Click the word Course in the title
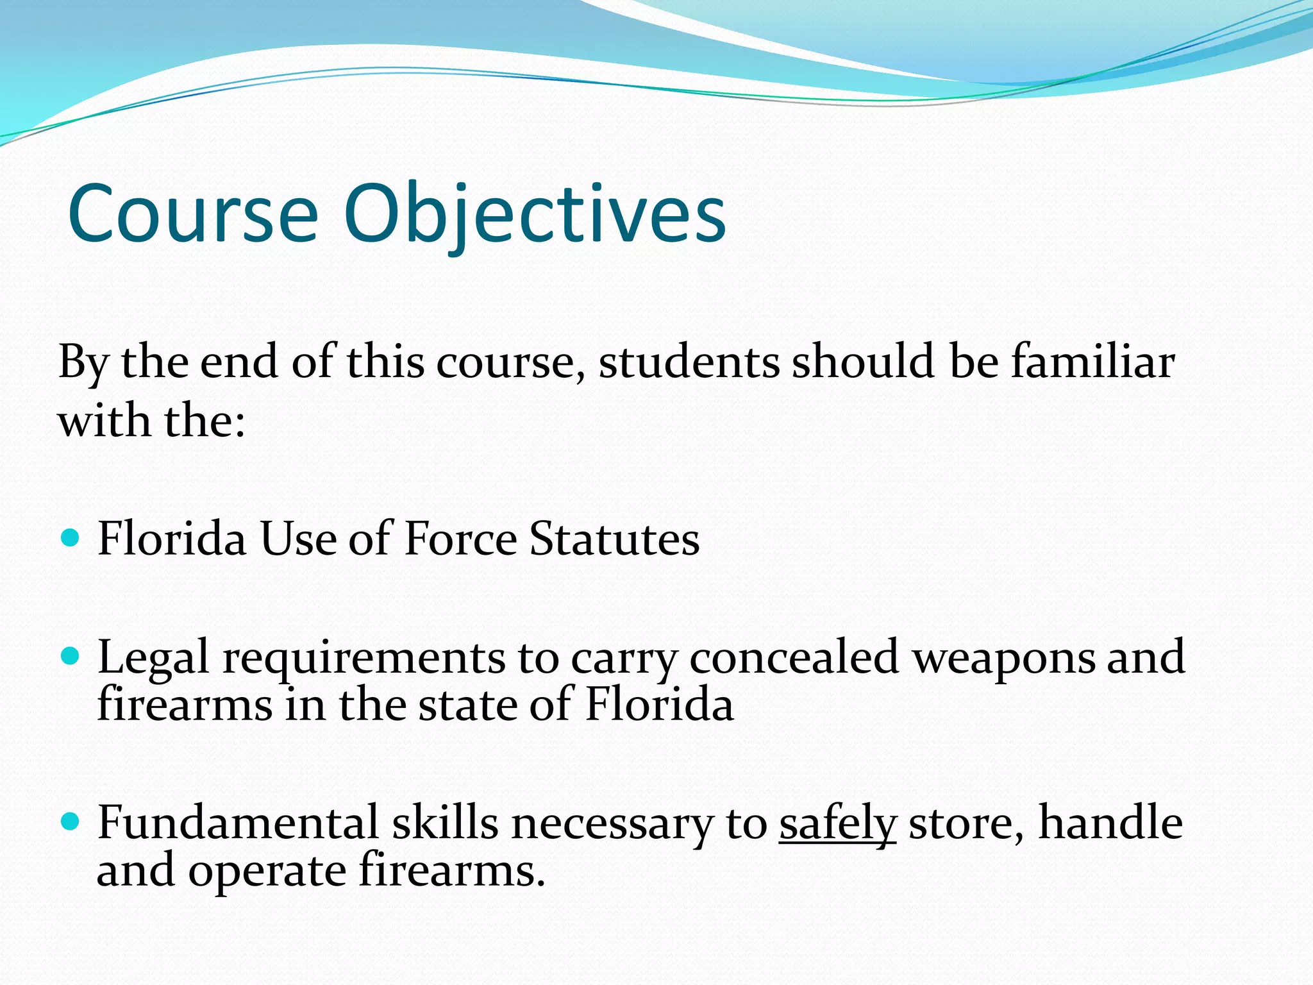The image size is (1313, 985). (192, 214)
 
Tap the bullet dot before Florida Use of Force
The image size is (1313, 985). (70, 537)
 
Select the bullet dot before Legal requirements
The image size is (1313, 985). (70, 657)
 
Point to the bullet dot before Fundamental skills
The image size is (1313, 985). (70, 821)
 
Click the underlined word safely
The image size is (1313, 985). (837, 823)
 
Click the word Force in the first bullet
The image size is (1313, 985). (460, 539)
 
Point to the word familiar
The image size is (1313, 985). (1092, 361)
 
